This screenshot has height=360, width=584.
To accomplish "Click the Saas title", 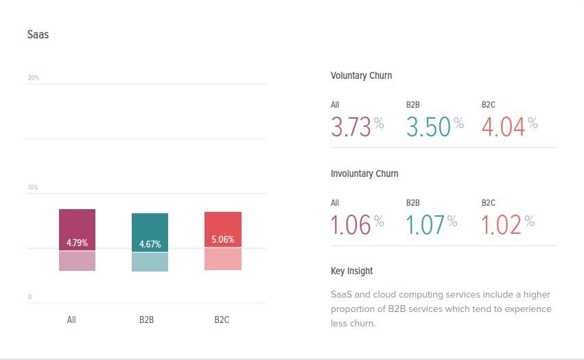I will coord(38,34).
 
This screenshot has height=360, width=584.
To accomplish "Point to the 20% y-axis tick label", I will coord(34,77).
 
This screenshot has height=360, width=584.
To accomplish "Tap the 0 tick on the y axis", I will coord(30,297).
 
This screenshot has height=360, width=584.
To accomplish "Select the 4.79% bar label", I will coord(77,243).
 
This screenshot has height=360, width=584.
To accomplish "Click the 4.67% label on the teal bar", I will coord(150,244).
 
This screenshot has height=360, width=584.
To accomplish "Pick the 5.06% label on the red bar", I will coord(222,239).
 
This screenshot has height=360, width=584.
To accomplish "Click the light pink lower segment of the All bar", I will coord(77,261).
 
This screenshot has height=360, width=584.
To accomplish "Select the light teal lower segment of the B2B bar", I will coord(150,262).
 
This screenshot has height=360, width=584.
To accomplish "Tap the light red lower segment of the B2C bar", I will coord(222,259).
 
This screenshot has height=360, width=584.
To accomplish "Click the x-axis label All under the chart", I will coord(71,320).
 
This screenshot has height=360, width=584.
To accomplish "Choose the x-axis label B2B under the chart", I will coord(146,320).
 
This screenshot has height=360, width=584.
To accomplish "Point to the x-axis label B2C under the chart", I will coord(222,320).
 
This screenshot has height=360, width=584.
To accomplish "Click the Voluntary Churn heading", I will coord(361,75).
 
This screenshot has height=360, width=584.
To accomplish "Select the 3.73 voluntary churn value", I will coord(351,127).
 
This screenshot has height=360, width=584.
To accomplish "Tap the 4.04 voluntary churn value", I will coord(503,127).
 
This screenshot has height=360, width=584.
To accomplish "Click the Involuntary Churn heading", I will coord(364,173).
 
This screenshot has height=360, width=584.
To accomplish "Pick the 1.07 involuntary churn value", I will coord(425,225).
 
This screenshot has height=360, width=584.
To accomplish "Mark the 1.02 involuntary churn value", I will coord(501,225).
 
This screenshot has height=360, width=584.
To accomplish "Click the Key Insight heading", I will coord(351,271).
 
